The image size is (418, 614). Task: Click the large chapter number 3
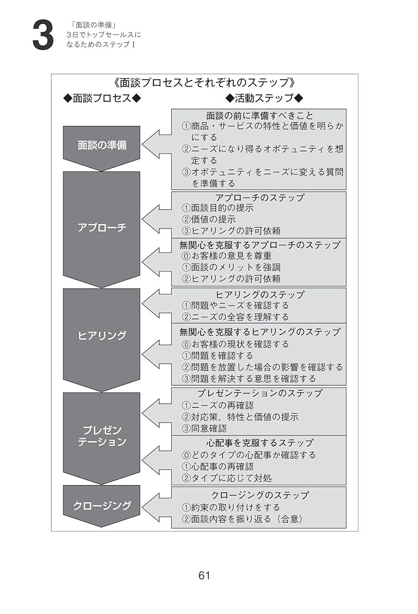(x=42, y=36)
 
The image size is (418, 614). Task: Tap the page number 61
(x=205, y=575)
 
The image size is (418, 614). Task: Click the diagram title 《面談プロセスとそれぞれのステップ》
(x=205, y=82)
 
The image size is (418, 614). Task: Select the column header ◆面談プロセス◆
(x=103, y=98)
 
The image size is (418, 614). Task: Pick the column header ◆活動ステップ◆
(x=265, y=98)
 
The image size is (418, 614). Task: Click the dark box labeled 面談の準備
(x=102, y=146)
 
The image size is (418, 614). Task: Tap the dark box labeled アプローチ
(x=102, y=227)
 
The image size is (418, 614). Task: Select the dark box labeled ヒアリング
(x=102, y=336)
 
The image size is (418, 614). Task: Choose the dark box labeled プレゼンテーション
(x=102, y=435)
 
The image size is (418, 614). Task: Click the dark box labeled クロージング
(x=102, y=505)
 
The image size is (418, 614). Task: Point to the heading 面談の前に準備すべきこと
(x=259, y=115)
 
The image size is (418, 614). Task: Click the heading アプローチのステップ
(x=259, y=198)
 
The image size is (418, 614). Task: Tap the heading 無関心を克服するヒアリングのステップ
(x=259, y=332)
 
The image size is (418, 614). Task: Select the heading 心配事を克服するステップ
(x=259, y=443)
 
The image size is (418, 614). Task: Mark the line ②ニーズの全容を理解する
(x=235, y=317)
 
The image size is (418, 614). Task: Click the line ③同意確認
(x=204, y=428)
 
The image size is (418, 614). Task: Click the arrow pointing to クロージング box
(x=157, y=507)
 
